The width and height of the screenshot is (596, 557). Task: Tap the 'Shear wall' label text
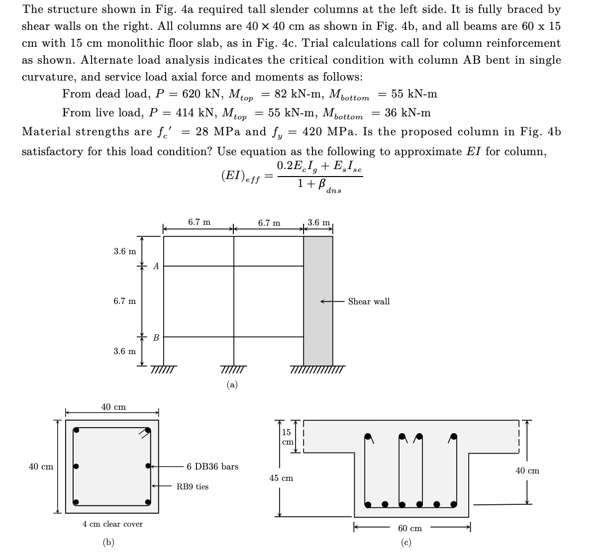pos(369,301)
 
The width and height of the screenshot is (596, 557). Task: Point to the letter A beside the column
pos(156,267)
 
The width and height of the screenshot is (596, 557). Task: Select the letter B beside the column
pos(156,338)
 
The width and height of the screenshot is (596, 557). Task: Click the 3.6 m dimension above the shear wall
pos(318,222)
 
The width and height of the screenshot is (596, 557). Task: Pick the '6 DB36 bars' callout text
pos(212,466)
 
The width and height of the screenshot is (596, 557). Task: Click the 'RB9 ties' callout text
pos(193,486)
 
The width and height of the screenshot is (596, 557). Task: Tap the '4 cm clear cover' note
pos(112,524)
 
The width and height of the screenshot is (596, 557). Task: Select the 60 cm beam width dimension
pos(409,528)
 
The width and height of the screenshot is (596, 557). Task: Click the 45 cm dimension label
pos(281,478)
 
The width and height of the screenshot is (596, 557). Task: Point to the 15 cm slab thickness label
pos(287,437)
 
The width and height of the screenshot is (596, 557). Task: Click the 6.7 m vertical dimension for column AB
pos(124,301)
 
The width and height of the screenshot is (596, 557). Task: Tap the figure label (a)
pos(232,384)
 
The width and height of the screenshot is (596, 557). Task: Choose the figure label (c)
pos(406,543)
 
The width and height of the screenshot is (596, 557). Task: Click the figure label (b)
pos(108,543)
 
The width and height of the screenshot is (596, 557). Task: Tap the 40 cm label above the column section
pos(113,407)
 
